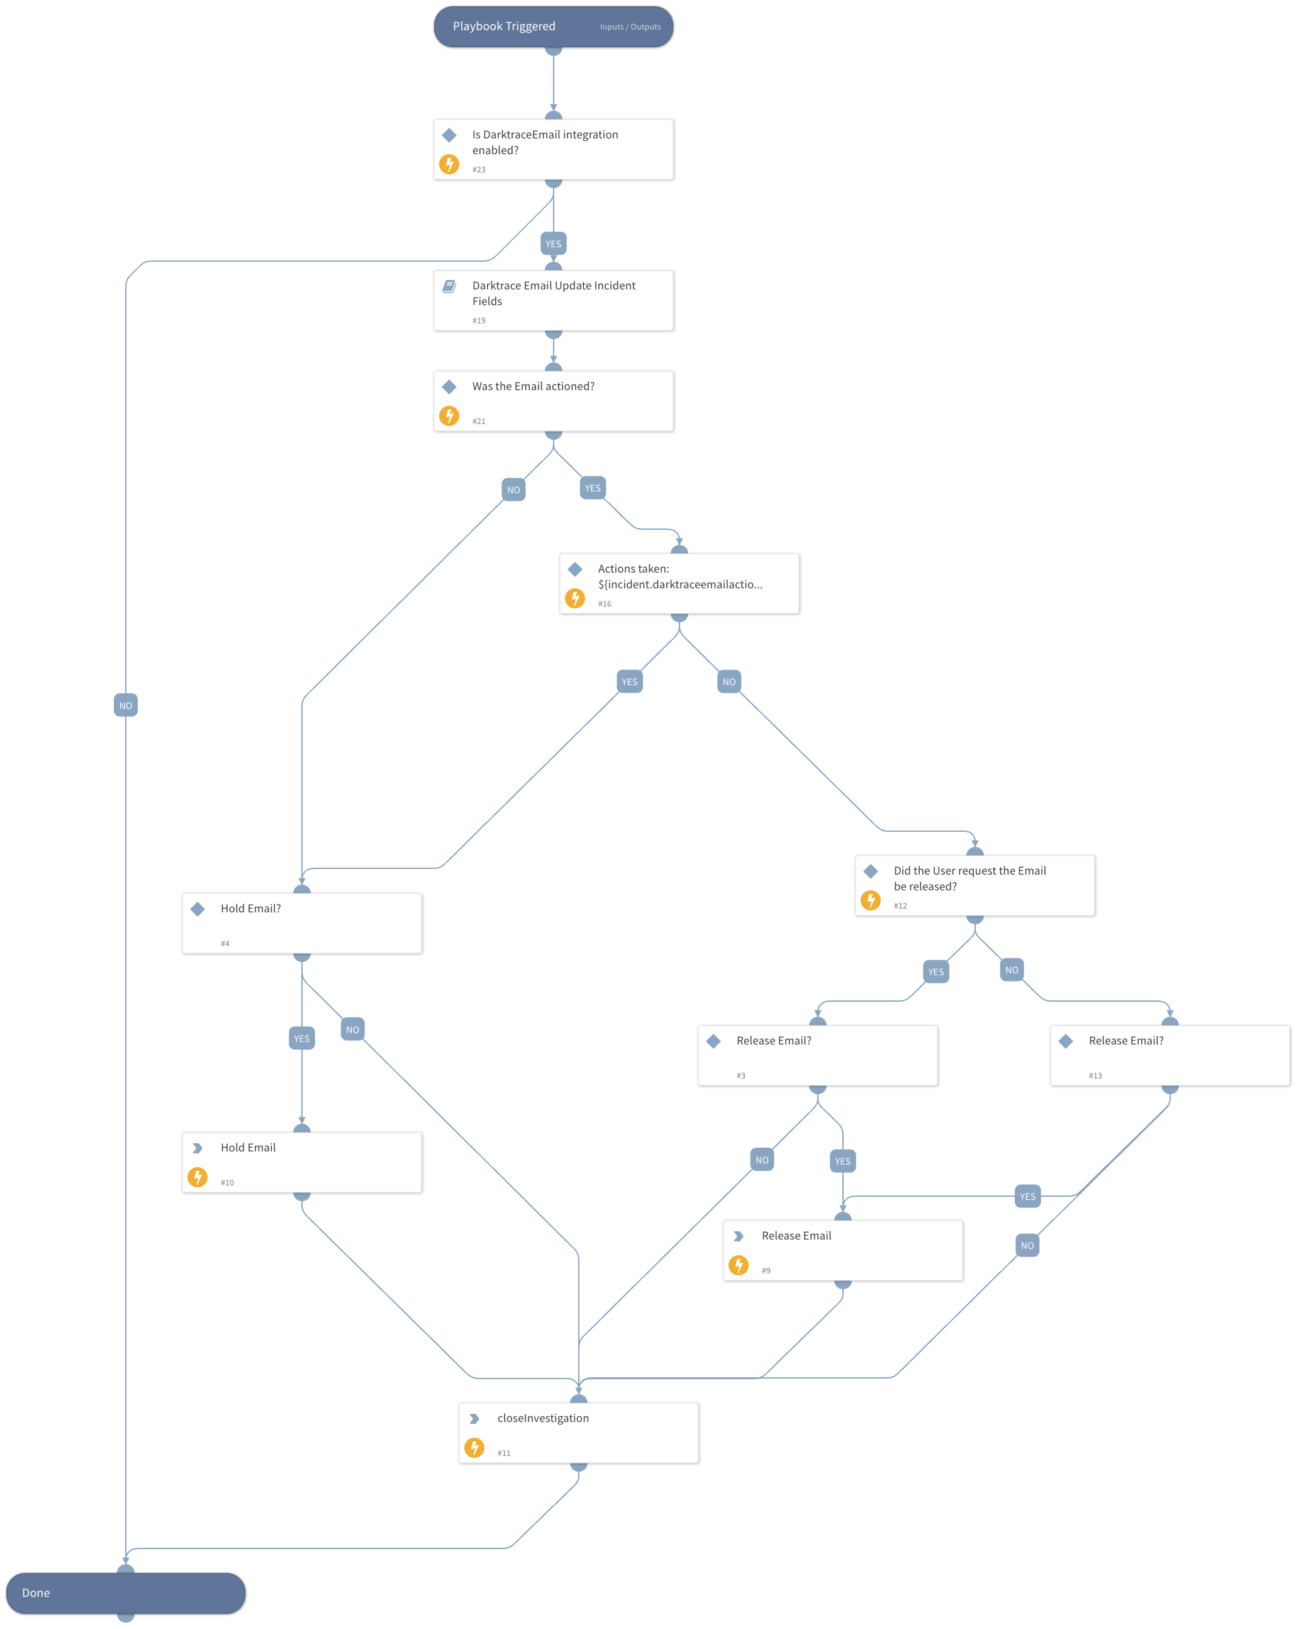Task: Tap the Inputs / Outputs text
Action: click(630, 27)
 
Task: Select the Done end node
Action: click(125, 1592)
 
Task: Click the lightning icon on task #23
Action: click(449, 164)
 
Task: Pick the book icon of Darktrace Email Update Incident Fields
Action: click(449, 286)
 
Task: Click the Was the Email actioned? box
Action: click(553, 400)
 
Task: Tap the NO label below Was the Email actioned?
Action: click(513, 490)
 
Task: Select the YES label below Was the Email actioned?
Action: click(593, 488)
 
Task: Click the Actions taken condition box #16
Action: click(679, 583)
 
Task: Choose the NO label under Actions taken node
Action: click(729, 681)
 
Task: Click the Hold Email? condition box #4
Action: click(301, 922)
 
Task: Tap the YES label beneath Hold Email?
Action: click(301, 1038)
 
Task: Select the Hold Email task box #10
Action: click(301, 1162)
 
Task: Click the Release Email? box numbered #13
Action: click(1169, 1055)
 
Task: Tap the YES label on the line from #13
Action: click(1027, 1196)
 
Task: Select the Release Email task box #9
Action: click(842, 1250)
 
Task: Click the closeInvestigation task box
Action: click(578, 1433)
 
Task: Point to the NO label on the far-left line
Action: click(125, 706)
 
